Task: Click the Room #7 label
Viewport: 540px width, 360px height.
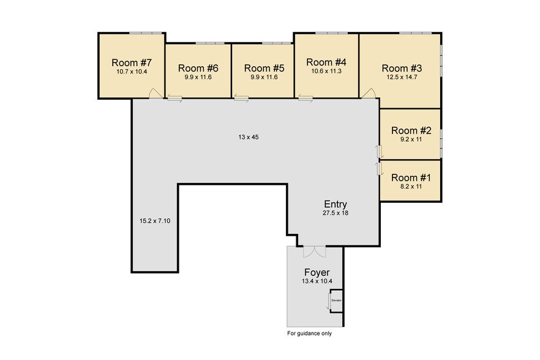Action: (132, 62)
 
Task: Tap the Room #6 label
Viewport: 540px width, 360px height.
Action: (198, 68)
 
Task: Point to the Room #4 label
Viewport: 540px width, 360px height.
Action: (326, 62)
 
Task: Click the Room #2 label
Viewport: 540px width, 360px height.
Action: (411, 130)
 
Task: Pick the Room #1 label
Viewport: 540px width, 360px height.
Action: (411, 178)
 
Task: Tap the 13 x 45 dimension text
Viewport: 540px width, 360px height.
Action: (248, 137)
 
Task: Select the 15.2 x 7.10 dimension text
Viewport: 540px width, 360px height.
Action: (155, 220)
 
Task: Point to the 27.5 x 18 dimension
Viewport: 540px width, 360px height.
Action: (335, 213)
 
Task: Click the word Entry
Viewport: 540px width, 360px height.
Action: (336, 204)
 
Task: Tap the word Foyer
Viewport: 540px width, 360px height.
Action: (317, 272)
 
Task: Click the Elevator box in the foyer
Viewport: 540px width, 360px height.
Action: (336, 301)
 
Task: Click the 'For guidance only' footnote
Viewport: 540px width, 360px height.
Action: (309, 334)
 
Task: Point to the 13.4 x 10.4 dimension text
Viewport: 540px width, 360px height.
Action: (317, 281)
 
